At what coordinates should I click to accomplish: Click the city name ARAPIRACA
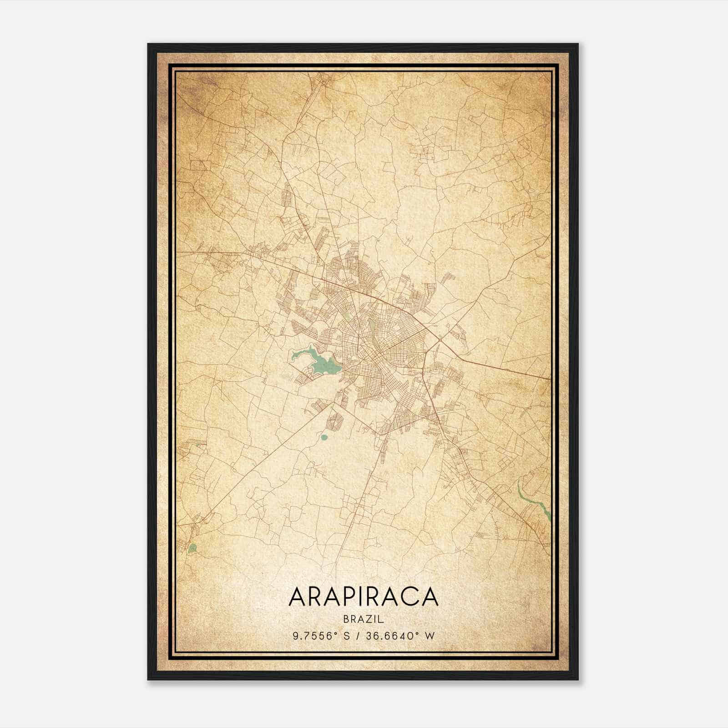coord(363,597)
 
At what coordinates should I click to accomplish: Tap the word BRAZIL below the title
coord(364,619)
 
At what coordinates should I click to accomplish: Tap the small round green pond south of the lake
coord(324,438)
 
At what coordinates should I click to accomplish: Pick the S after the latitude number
coord(347,636)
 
